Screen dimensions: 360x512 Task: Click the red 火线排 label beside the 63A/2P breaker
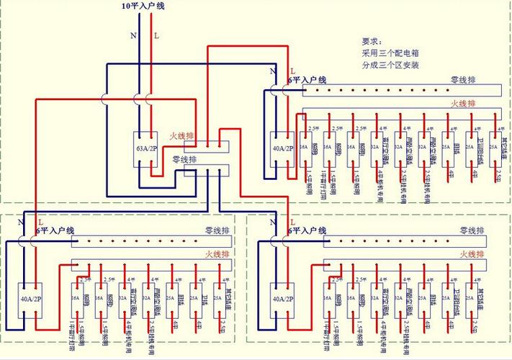[x=181, y=135]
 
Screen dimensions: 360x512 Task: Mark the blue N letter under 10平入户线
[x=133, y=35]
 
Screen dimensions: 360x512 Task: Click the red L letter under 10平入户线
[x=156, y=35]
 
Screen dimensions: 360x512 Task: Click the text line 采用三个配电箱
[x=391, y=53]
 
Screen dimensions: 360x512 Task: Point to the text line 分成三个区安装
[x=391, y=66]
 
